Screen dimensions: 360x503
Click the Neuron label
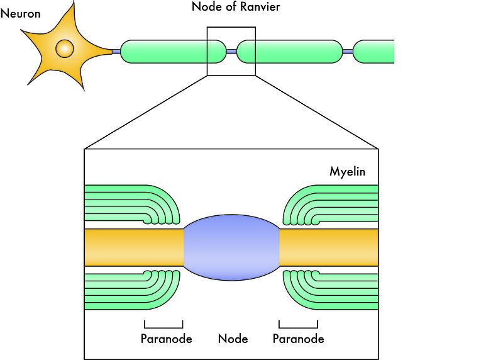click(21, 13)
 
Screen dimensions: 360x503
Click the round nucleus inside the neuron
click(64, 48)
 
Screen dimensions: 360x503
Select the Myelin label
click(348, 171)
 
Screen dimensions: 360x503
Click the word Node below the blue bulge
click(233, 339)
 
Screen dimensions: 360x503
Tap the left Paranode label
click(166, 339)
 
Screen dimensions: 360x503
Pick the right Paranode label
click(299, 339)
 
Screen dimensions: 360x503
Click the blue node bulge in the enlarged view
click(231, 247)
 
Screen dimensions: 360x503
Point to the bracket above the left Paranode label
click(163, 325)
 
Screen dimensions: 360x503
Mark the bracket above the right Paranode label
click(299, 325)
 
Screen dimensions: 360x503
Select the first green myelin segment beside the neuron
click(172, 52)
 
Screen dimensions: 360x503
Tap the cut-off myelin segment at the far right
click(375, 52)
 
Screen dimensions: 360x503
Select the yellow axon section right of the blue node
click(329, 247)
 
